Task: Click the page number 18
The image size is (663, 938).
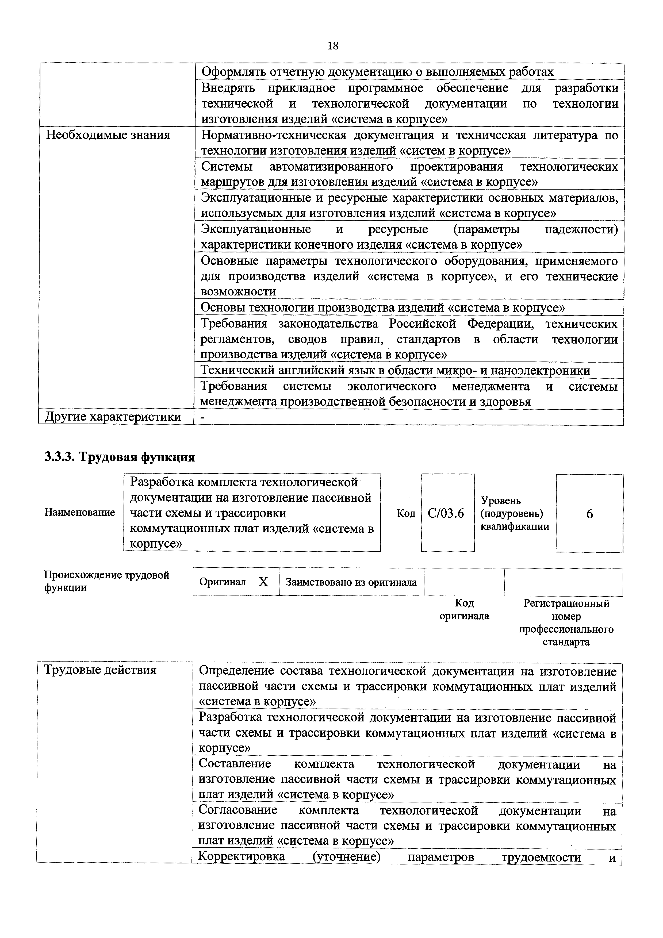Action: point(333,46)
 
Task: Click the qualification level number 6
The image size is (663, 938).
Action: point(589,514)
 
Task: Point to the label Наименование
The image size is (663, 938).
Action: point(80,512)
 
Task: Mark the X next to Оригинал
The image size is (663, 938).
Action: point(263,582)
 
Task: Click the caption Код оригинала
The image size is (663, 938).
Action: point(464,610)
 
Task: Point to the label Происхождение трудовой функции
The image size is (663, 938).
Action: point(106,581)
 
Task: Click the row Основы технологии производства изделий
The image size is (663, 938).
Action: point(383,307)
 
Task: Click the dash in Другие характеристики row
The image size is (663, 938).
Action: point(202,417)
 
